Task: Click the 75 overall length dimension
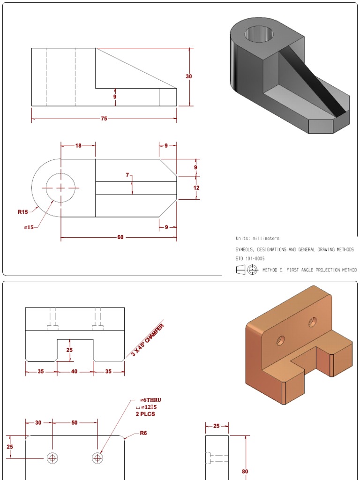click(104, 119)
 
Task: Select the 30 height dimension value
click(189, 76)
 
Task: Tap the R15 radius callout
click(23, 212)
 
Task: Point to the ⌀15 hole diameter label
click(28, 228)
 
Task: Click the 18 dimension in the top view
click(78, 146)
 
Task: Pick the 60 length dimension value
click(120, 237)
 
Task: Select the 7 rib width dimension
click(127, 175)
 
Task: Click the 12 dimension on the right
click(196, 188)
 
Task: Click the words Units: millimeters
click(257, 238)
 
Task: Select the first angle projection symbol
click(247, 270)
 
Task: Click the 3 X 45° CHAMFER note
click(148, 339)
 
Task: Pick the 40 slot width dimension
click(75, 372)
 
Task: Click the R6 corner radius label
click(143, 433)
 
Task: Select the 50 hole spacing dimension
click(75, 423)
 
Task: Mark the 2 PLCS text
click(145, 414)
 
